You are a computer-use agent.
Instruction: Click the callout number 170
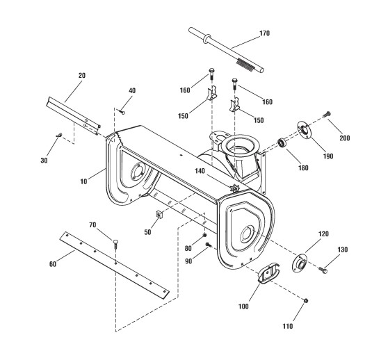[x=265, y=33]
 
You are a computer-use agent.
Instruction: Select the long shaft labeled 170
[x=226, y=49]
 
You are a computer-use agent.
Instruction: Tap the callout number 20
[x=82, y=76]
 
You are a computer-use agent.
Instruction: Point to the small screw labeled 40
[x=122, y=112]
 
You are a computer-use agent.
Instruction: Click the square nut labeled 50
[x=159, y=214]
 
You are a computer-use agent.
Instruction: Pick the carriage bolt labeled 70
[x=115, y=244]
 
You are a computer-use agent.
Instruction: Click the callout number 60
[x=53, y=264]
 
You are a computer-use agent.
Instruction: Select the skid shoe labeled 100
[x=268, y=273]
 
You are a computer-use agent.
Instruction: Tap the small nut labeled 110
[x=306, y=301]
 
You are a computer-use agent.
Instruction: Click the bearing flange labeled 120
[x=299, y=263]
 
